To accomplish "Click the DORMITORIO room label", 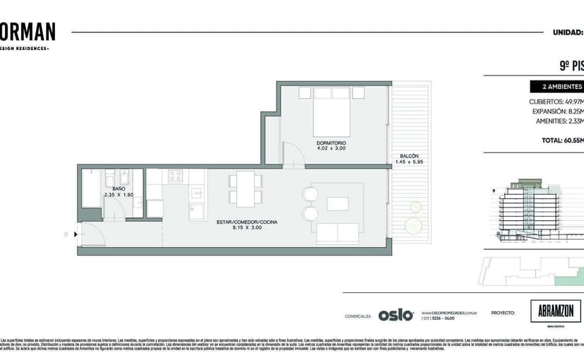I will click(331, 143).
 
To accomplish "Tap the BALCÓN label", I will click(409, 155).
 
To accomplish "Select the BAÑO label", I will click(118, 188).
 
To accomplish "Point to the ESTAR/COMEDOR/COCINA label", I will click(247, 222).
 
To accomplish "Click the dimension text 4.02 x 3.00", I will click(331, 149).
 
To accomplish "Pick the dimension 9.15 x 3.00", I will click(247, 228).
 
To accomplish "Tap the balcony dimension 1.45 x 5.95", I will click(409, 162).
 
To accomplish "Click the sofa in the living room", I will click(337, 233).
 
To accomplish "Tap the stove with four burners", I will click(175, 176).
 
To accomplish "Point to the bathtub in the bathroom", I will click(91, 188).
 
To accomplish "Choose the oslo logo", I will click(395, 315).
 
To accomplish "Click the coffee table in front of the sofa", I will click(337, 203).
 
